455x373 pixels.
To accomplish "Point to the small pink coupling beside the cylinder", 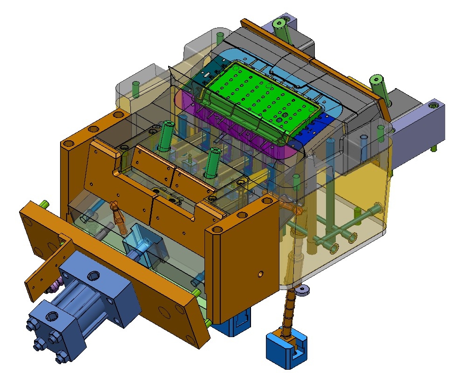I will [x=54, y=285].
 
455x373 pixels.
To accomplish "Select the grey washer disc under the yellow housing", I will [x=303, y=290].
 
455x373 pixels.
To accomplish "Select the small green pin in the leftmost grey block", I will [x=136, y=89].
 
